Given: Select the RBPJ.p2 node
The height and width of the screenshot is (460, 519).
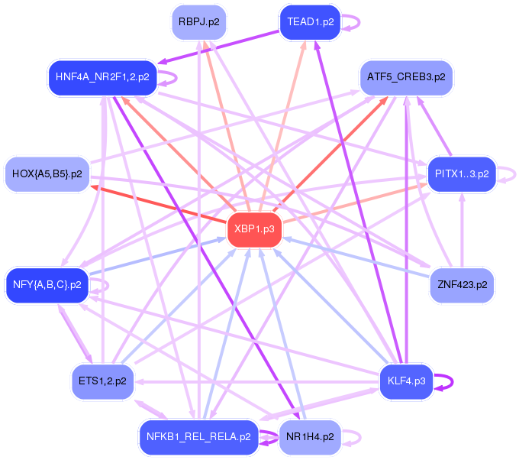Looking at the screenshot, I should (198, 22).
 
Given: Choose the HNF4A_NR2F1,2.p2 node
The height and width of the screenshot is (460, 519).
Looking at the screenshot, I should (102, 76).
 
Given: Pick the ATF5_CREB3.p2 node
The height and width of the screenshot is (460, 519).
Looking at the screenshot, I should (405, 77).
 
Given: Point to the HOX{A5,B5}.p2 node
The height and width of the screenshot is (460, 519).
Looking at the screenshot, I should (47, 174).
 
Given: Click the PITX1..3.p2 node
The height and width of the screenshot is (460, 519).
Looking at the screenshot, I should (462, 174).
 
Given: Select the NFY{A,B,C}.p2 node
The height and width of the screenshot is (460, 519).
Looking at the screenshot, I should (47, 285).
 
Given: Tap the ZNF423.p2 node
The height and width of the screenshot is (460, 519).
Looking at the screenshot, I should (462, 285).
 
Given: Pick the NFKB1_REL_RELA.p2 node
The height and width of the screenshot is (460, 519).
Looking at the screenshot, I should (198, 437).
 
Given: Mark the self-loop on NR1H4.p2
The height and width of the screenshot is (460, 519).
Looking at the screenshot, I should (352, 437).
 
